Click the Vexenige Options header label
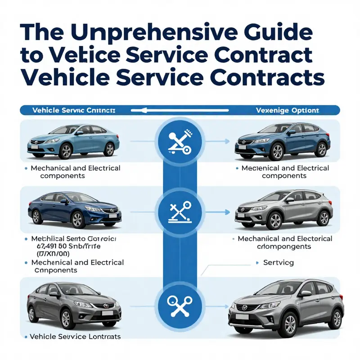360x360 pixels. pyautogui.click(x=287, y=110)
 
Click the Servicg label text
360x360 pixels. pyautogui.click(x=279, y=262)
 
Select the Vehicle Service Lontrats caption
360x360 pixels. pyautogui.click(x=75, y=337)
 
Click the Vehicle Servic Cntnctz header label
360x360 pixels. pyautogui.click(x=74, y=110)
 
